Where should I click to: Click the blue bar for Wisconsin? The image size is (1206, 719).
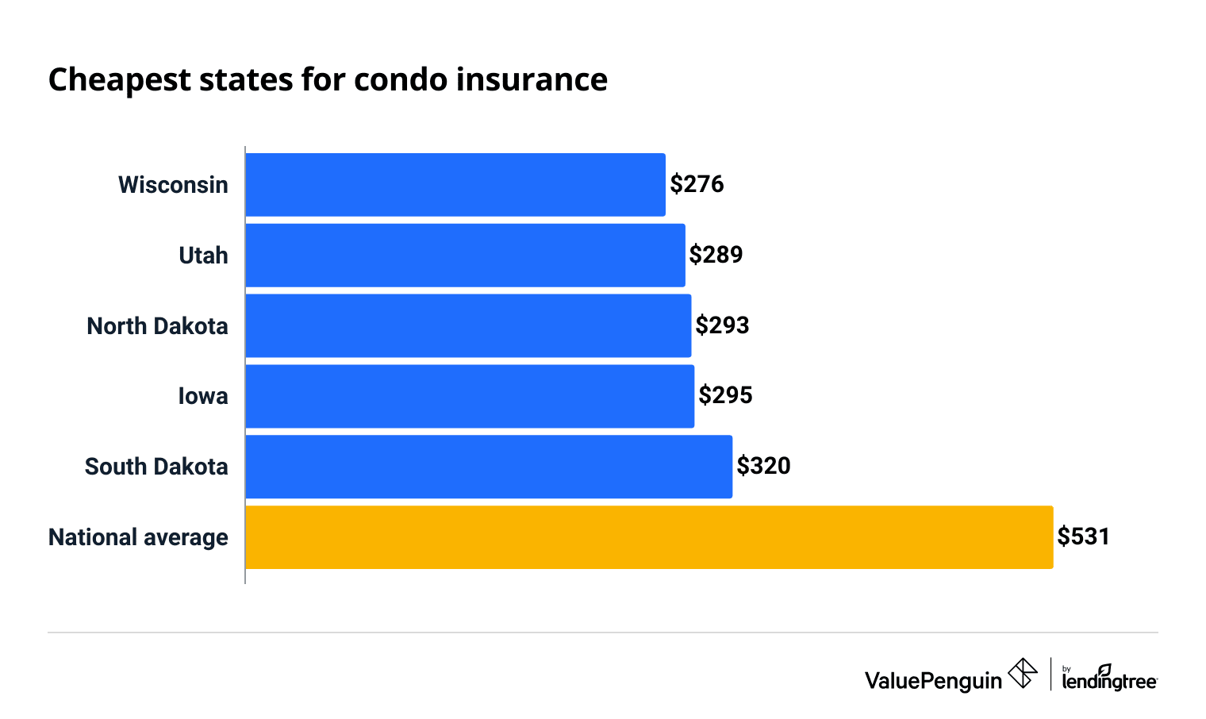tap(455, 185)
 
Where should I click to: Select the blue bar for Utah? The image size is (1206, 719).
tap(465, 256)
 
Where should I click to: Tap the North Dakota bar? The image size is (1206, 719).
tap(468, 325)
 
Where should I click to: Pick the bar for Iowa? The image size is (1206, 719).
tap(470, 396)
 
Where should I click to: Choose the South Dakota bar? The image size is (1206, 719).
tap(489, 467)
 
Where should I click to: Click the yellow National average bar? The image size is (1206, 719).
tap(649, 537)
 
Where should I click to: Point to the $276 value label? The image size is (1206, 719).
tap(697, 184)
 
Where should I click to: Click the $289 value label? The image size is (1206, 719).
tap(716, 255)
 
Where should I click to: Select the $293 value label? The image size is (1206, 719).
tap(722, 325)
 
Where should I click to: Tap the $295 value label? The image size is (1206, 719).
tap(725, 395)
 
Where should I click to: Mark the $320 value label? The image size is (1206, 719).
tap(763, 466)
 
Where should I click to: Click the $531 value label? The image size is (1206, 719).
tap(1083, 536)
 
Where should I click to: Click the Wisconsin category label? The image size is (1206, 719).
tap(173, 185)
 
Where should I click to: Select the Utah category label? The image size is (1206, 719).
tap(203, 256)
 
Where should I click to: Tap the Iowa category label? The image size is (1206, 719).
tap(203, 396)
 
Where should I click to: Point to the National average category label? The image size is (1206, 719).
tap(138, 537)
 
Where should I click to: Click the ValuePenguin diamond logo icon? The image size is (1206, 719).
tap(1022, 674)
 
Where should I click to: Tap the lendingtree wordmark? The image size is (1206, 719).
tap(1109, 680)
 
